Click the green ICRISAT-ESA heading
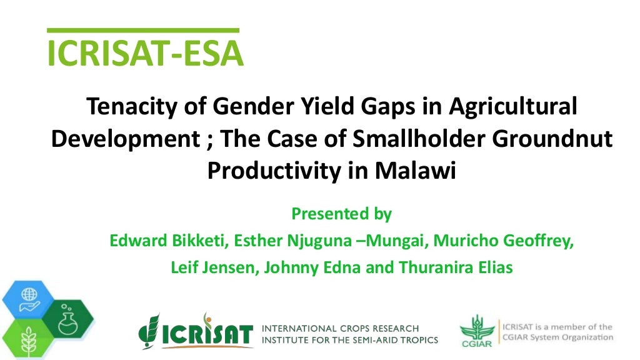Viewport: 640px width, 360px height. tap(145, 54)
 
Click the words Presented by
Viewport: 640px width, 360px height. tap(341, 214)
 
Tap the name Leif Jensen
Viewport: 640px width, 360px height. tap(214, 267)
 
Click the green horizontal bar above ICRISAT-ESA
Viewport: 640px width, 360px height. tap(143, 30)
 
